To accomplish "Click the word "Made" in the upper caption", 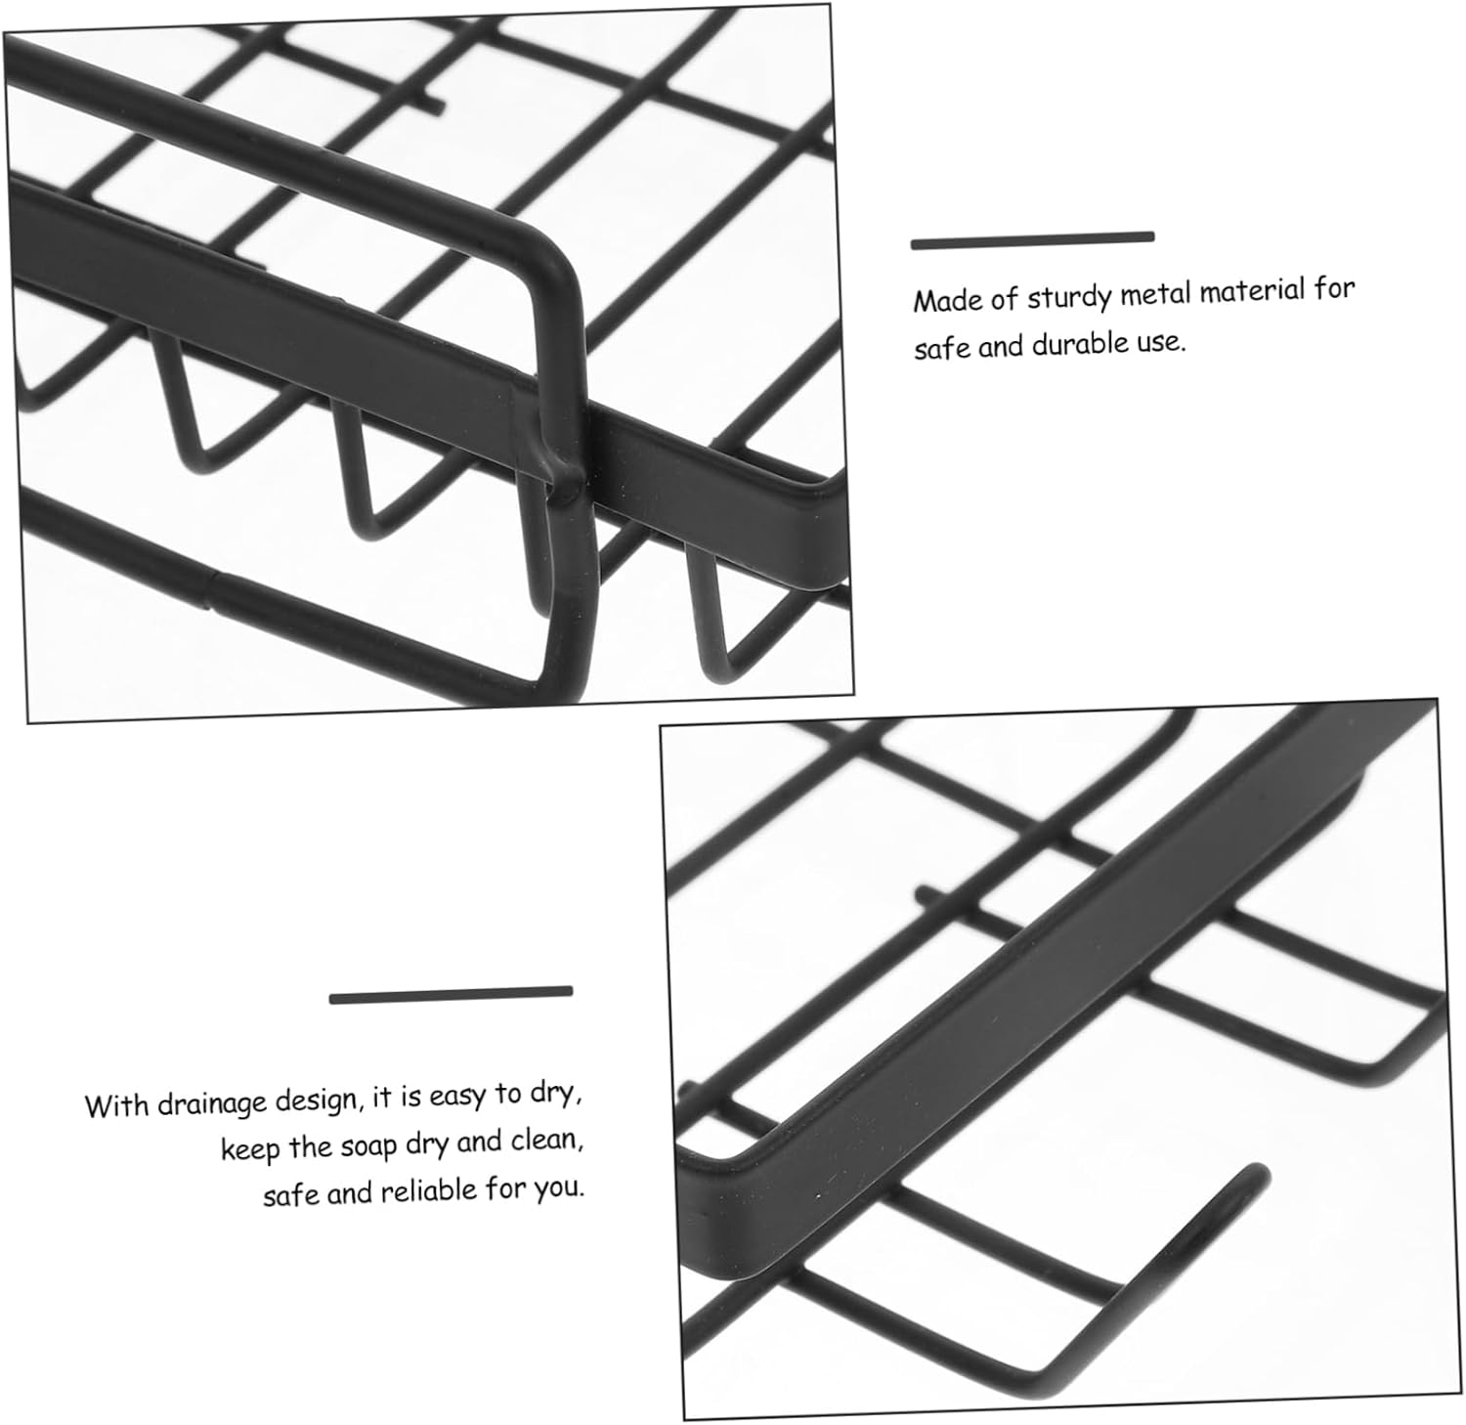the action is pos(946,300).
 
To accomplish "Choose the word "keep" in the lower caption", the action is pos(250,1150).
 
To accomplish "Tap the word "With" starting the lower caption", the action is pos(117,1106).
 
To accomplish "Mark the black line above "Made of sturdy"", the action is pos(1033,240).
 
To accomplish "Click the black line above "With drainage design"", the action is pos(451,995).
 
